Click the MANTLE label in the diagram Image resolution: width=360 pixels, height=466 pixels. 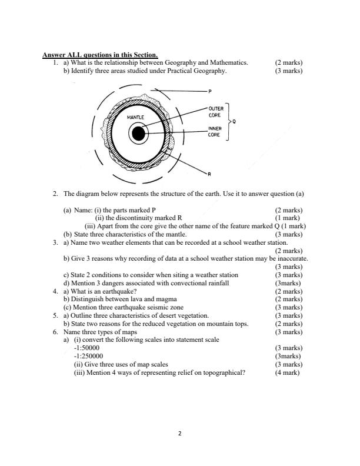(136, 118)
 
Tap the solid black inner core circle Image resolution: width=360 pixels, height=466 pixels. (138, 134)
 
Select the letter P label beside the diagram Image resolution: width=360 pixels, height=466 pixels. (209, 92)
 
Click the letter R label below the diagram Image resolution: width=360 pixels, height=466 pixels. (208, 175)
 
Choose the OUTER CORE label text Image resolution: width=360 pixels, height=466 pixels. (215, 112)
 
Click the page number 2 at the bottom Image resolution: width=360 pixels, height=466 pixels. (180, 434)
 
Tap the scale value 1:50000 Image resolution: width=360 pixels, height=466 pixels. (86, 348)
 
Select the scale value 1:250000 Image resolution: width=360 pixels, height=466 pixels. (88, 356)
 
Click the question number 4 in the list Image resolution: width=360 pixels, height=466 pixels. (55, 291)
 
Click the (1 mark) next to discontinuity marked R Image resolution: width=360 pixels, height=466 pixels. (288, 217)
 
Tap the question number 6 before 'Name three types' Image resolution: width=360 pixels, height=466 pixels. (55, 332)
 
